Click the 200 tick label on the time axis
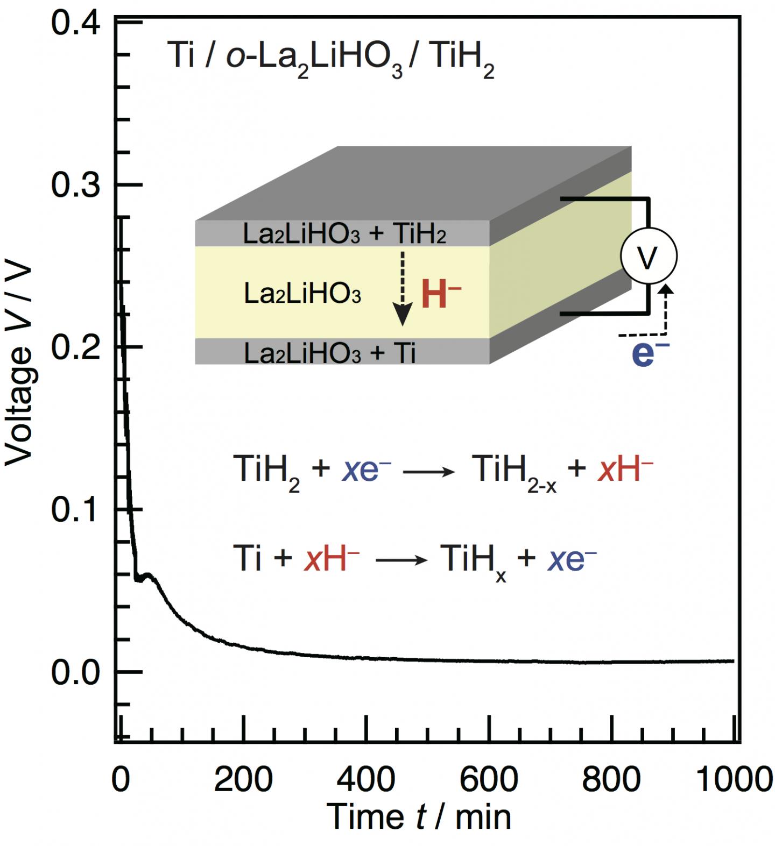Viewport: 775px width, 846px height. pyautogui.click(x=243, y=779)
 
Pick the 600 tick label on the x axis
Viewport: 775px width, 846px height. pyautogui.click(x=489, y=779)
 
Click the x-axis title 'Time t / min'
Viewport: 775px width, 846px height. pyautogui.click(x=419, y=817)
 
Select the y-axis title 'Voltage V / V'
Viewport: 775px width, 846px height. pyautogui.click(x=19, y=366)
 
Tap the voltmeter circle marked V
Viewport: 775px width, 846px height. pyautogui.click(x=649, y=257)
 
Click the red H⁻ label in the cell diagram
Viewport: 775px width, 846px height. pyautogui.click(x=441, y=295)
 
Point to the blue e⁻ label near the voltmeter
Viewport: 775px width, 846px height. pyautogui.click(x=650, y=354)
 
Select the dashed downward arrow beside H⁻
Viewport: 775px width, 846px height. pyautogui.click(x=402, y=287)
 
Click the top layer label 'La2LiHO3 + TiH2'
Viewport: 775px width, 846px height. pyautogui.click(x=344, y=234)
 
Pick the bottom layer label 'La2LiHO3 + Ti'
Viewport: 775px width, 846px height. pyautogui.click(x=329, y=353)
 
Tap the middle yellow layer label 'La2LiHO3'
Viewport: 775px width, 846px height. pyautogui.click(x=302, y=294)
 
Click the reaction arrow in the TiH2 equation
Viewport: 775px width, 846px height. pyautogui.click(x=428, y=472)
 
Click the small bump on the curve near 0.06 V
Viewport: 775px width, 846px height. pyautogui.click(x=148, y=575)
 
